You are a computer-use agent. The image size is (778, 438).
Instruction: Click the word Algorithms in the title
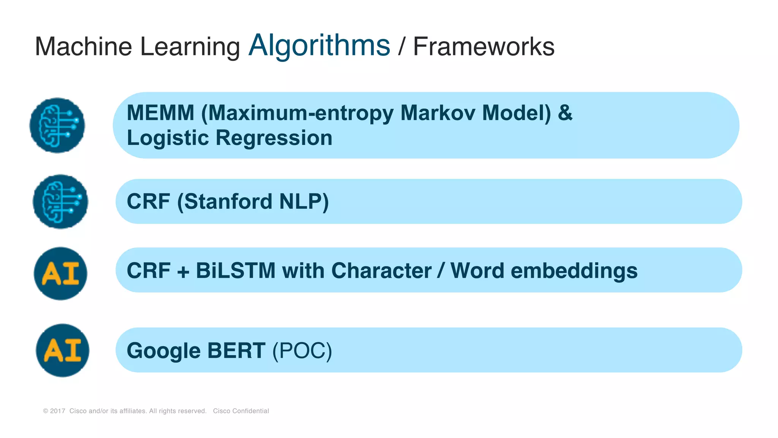[319, 46]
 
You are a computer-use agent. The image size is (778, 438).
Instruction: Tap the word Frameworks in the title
[483, 47]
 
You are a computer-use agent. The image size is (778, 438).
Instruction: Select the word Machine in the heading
[83, 47]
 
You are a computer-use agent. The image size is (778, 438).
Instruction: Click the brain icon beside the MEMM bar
[57, 125]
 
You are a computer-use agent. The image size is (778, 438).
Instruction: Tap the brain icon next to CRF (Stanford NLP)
[60, 202]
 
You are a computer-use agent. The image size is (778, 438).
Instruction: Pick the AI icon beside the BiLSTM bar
[60, 273]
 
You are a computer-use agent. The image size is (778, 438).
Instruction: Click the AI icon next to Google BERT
[63, 350]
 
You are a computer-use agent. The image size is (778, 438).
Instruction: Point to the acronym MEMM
[160, 113]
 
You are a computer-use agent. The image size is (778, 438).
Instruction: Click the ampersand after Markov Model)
[565, 113]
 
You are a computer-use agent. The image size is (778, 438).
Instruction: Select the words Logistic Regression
[229, 138]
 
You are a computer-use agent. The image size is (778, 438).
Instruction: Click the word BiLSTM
[236, 271]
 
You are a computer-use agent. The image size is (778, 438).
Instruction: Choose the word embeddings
[574, 271]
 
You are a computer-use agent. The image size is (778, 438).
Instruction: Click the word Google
[163, 351]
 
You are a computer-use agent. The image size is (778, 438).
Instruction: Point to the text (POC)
[302, 351]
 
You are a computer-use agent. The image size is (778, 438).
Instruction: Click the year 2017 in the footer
[57, 411]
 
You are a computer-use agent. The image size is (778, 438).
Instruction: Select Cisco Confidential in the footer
[241, 411]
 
